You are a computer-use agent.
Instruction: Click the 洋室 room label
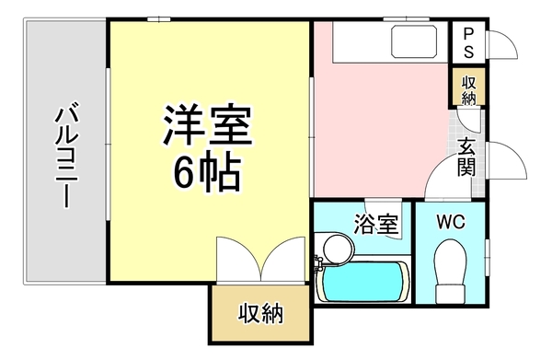[208, 127]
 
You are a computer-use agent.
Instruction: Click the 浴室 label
[375, 222]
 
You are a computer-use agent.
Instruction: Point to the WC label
[452, 221]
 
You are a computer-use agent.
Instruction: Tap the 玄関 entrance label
[468, 157]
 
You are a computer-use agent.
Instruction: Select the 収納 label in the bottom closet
[261, 314]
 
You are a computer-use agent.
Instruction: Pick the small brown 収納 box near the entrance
[468, 90]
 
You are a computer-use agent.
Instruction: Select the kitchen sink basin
[416, 42]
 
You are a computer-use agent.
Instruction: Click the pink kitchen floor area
[377, 129]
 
